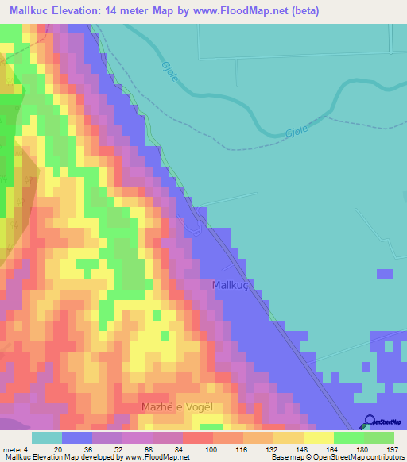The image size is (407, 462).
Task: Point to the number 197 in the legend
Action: [390, 449]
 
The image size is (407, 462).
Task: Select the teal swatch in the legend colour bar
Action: [47, 437]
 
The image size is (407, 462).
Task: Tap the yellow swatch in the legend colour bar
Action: [318, 437]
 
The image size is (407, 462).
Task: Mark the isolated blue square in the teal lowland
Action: [385, 275]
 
